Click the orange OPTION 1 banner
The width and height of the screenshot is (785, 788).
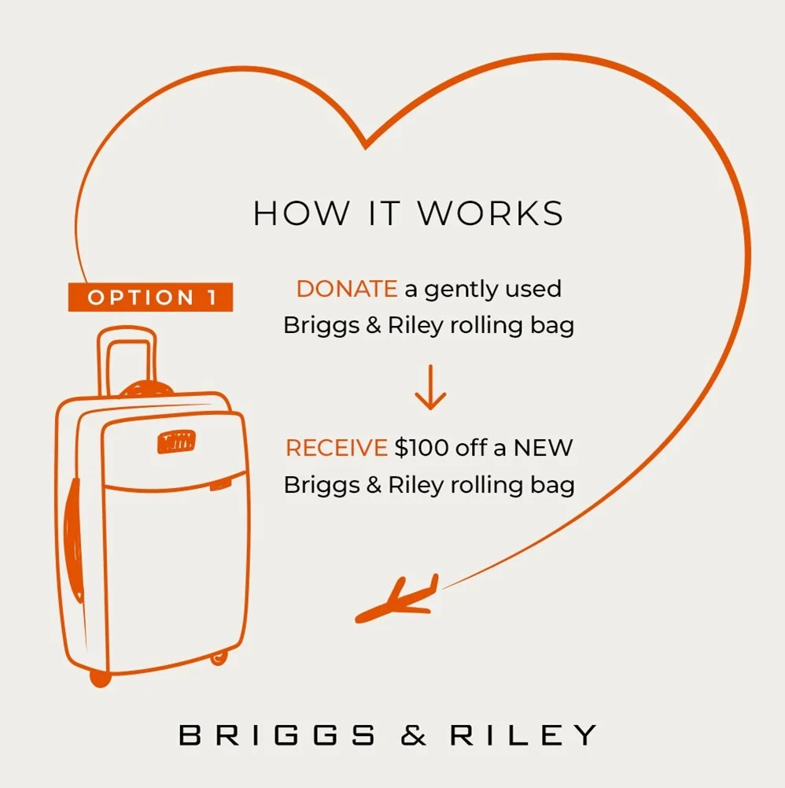(150, 297)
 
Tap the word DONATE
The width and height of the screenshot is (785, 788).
(346, 289)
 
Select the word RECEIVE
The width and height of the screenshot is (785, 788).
(336, 448)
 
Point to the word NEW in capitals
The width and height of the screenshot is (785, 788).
(544, 448)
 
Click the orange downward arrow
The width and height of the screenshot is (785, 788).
(429, 387)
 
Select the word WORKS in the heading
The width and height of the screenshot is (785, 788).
(490, 214)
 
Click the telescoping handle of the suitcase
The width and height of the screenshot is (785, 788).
(127, 358)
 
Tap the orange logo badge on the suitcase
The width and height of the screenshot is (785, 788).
(175, 442)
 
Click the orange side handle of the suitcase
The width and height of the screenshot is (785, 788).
(72, 535)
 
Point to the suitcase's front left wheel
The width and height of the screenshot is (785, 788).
(100, 677)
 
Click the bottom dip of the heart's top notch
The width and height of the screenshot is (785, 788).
(365, 146)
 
